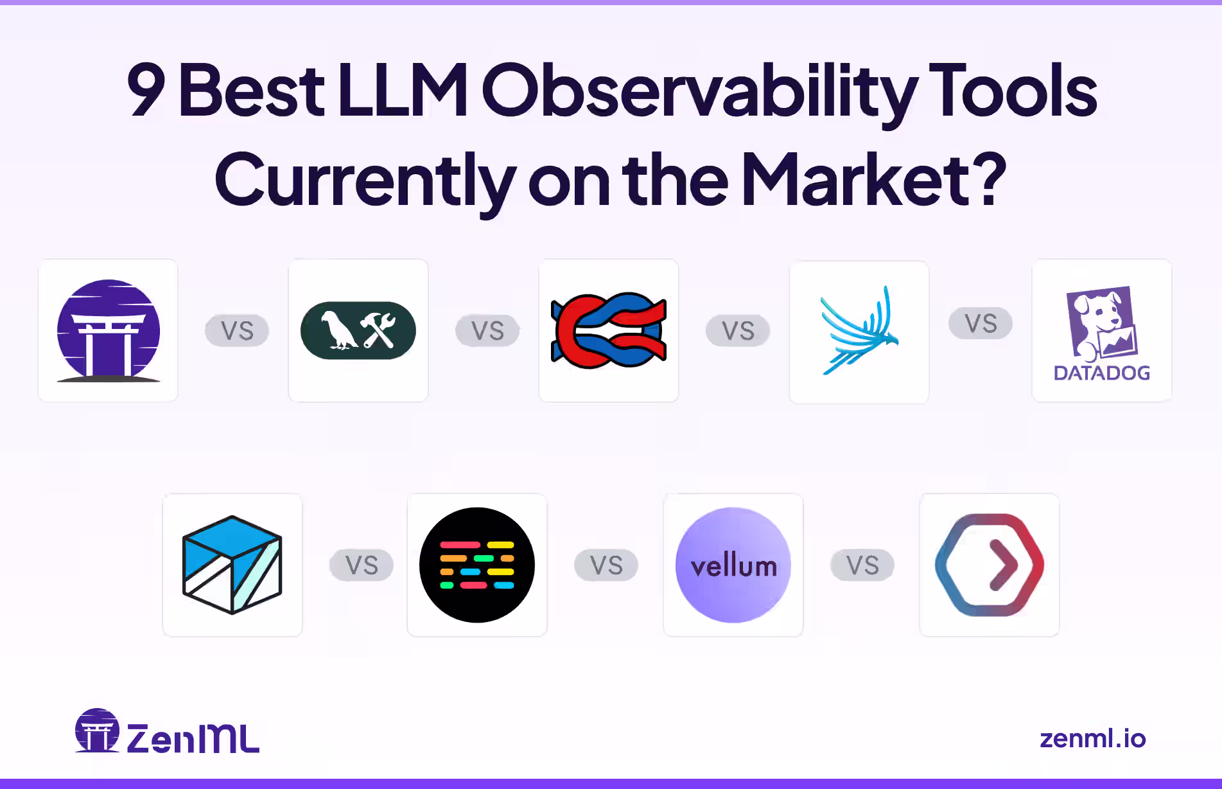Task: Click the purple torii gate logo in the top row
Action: (108, 330)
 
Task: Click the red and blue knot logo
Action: (608, 330)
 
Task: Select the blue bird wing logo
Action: (859, 330)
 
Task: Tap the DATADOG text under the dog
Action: (1101, 373)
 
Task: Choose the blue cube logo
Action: (232, 565)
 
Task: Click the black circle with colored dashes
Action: (476, 565)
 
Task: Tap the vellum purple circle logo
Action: (733, 565)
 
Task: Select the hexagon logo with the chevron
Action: (989, 565)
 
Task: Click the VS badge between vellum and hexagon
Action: (862, 565)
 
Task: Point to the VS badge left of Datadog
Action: (980, 323)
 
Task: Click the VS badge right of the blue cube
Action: (361, 565)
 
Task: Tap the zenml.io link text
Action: (1092, 739)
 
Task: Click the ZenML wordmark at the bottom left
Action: (193, 738)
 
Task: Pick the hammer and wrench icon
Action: (378, 330)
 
